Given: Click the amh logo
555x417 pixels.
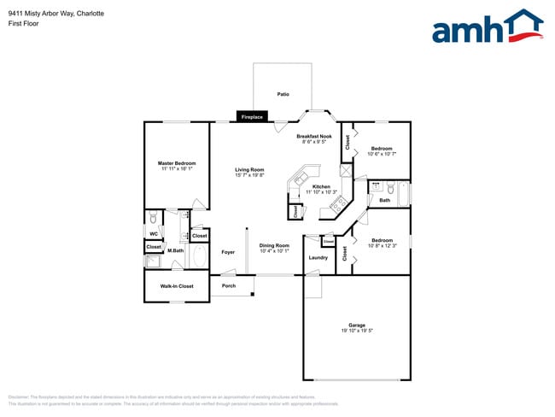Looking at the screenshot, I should pyautogui.click(x=487, y=27).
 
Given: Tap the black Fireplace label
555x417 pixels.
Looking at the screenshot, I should pyautogui.click(x=252, y=116).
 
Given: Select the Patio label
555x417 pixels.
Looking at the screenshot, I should pyautogui.click(x=283, y=94).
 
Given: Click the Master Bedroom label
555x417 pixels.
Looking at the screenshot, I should pyautogui.click(x=177, y=163).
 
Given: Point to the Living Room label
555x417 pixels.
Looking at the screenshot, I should pyautogui.click(x=249, y=169).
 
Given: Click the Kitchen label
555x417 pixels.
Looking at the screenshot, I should pyautogui.click(x=321, y=186).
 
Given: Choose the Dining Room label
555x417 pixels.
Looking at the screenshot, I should pyautogui.click(x=275, y=245).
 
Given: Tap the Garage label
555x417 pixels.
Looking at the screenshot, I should pyautogui.click(x=357, y=325).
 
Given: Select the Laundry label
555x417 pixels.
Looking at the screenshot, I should pyautogui.click(x=318, y=257).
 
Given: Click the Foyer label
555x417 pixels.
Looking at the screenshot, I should pyautogui.click(x=228, y=252).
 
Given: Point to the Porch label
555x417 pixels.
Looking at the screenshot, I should pyautogui.click(x=229, y=285).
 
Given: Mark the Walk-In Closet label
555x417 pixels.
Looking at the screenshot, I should pyautogui.click(x=177, y=286).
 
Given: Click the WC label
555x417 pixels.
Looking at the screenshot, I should pyautogui.click(x=154, y=233).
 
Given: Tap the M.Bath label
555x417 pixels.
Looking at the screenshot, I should pyautogui.click(x=177, y=250).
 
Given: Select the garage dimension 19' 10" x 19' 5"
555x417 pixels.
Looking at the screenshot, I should pyautogui.click(x=357, y=331).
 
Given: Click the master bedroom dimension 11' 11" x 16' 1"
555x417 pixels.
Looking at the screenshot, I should pyautogui.click(x=177, y=169).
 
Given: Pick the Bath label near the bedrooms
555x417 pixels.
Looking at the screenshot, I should pyautogui.click(x=384, y=201).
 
